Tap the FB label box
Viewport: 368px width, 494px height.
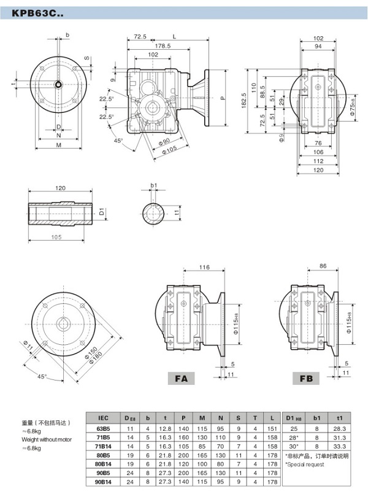tap(305, 379)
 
